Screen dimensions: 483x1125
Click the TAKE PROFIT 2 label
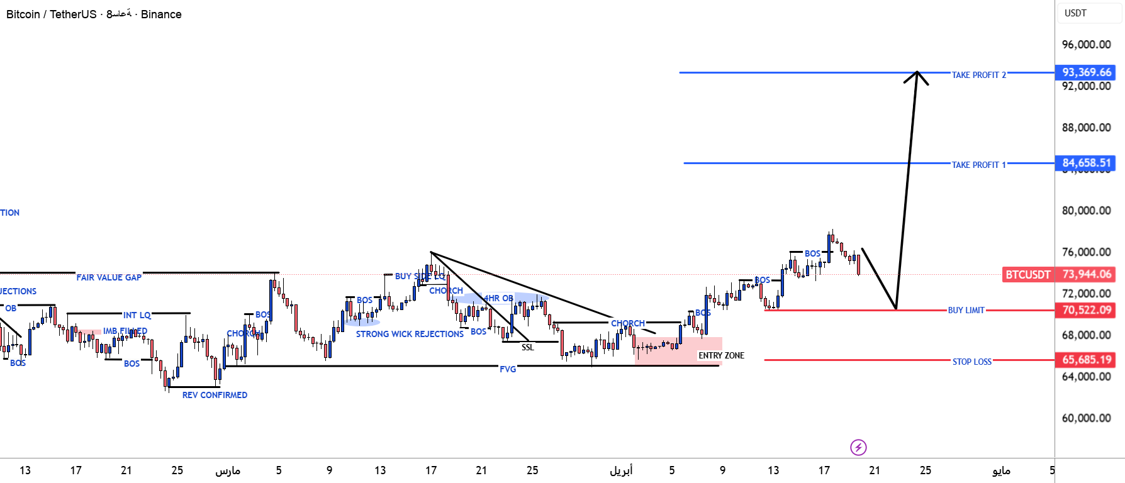pos(978,75)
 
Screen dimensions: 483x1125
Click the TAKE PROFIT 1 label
pos(978,165)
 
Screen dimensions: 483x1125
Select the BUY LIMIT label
pos(966,310)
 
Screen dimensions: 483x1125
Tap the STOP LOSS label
pos(971,362)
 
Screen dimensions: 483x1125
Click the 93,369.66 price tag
pos(1086,72)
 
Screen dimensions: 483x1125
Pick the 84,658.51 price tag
pos(1086,163)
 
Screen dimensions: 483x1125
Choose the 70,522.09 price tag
pos(1086,310)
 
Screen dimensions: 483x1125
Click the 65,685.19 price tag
pos(1086,360)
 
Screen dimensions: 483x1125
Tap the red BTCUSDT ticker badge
pos(1027,274)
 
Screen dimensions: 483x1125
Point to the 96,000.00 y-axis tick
pos(1086,45)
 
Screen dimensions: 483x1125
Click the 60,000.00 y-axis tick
pos(1086,418)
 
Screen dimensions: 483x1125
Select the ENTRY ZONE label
pos(721,355)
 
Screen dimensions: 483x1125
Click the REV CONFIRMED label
pos(215,395)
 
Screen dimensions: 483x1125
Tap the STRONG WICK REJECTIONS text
pos(410,334)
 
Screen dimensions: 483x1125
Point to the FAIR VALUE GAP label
pos(109,277)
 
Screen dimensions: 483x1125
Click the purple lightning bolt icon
pos(858,447)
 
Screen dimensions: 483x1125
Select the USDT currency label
pos(1075,13)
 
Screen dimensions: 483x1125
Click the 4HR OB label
pos(498,298)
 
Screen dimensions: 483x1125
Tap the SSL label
pos(527,347)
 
